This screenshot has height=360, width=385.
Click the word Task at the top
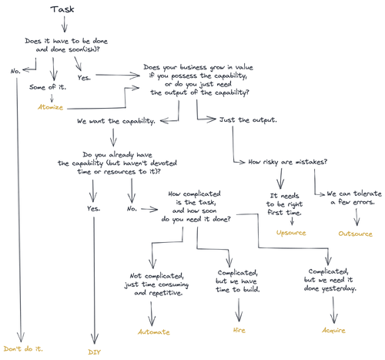(62, 9)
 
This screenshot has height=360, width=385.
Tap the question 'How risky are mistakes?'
(289, 162)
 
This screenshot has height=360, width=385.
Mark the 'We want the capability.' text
(116, 122)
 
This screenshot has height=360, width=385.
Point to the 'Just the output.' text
(248, 122)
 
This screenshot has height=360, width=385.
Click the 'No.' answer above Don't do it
(15, 71)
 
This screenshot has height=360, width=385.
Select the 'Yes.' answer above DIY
(94, 208)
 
